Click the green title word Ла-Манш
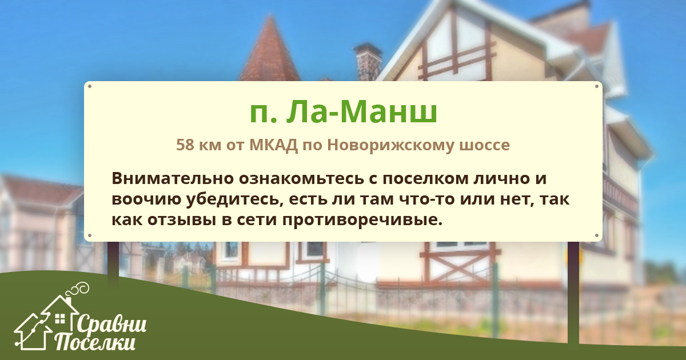tap(362, 112)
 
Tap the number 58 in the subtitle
tap(185, 145)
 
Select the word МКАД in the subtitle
tap(273, 145)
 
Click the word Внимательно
tap(173, 178)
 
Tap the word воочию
tap(146, 199)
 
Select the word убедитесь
tap(234, 199)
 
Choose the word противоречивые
tap(362, 221)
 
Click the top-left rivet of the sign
tap(90, 86)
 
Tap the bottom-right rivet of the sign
tap(597, 235)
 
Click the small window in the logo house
tap(60, 319)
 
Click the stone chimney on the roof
tap(368, 61)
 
